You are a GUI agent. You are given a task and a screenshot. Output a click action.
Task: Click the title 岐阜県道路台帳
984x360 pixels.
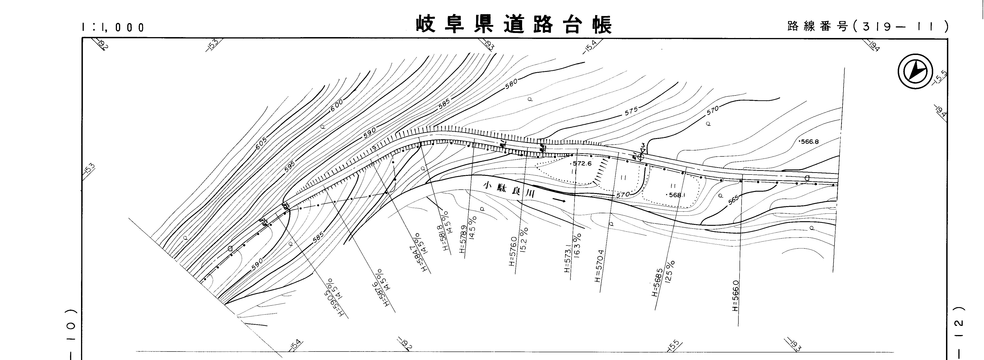[514, 25]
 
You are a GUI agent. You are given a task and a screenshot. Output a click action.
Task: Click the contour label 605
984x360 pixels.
[261, 144]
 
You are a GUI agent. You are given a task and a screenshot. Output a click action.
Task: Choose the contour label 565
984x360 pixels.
[733, 200]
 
